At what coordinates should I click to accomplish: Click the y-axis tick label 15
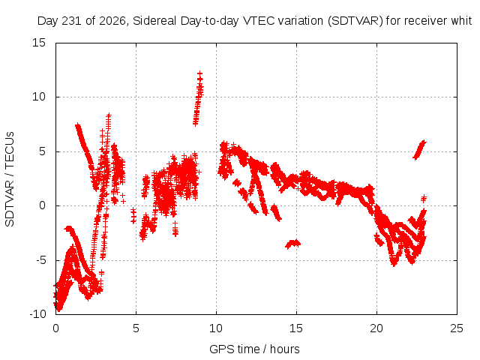tap(39, 43)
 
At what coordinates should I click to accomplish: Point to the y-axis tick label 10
tap(39, 97)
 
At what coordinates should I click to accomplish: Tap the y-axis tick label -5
tap(40, 260)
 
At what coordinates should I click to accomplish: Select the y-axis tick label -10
tap(38, 314)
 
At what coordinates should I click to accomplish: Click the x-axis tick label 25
tap(457, 328)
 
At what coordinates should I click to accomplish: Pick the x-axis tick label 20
tap(376, 328)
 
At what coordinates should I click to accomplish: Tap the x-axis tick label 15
tap(296, 328)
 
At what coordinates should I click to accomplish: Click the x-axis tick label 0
tap(55, 328)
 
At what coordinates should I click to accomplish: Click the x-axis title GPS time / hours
tap(254, 349)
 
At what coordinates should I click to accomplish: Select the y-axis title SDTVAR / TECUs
tap(10, 179)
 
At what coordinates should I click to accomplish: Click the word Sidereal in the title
tap(154, 21)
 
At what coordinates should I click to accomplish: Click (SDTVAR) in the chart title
tap(355, 21)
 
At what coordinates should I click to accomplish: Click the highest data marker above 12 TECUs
tap(199, 73)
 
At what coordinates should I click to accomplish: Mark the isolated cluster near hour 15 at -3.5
tap(293, 244)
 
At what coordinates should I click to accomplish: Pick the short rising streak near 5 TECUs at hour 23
tap(420, 150)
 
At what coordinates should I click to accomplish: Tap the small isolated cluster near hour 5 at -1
tap(133, 215)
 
